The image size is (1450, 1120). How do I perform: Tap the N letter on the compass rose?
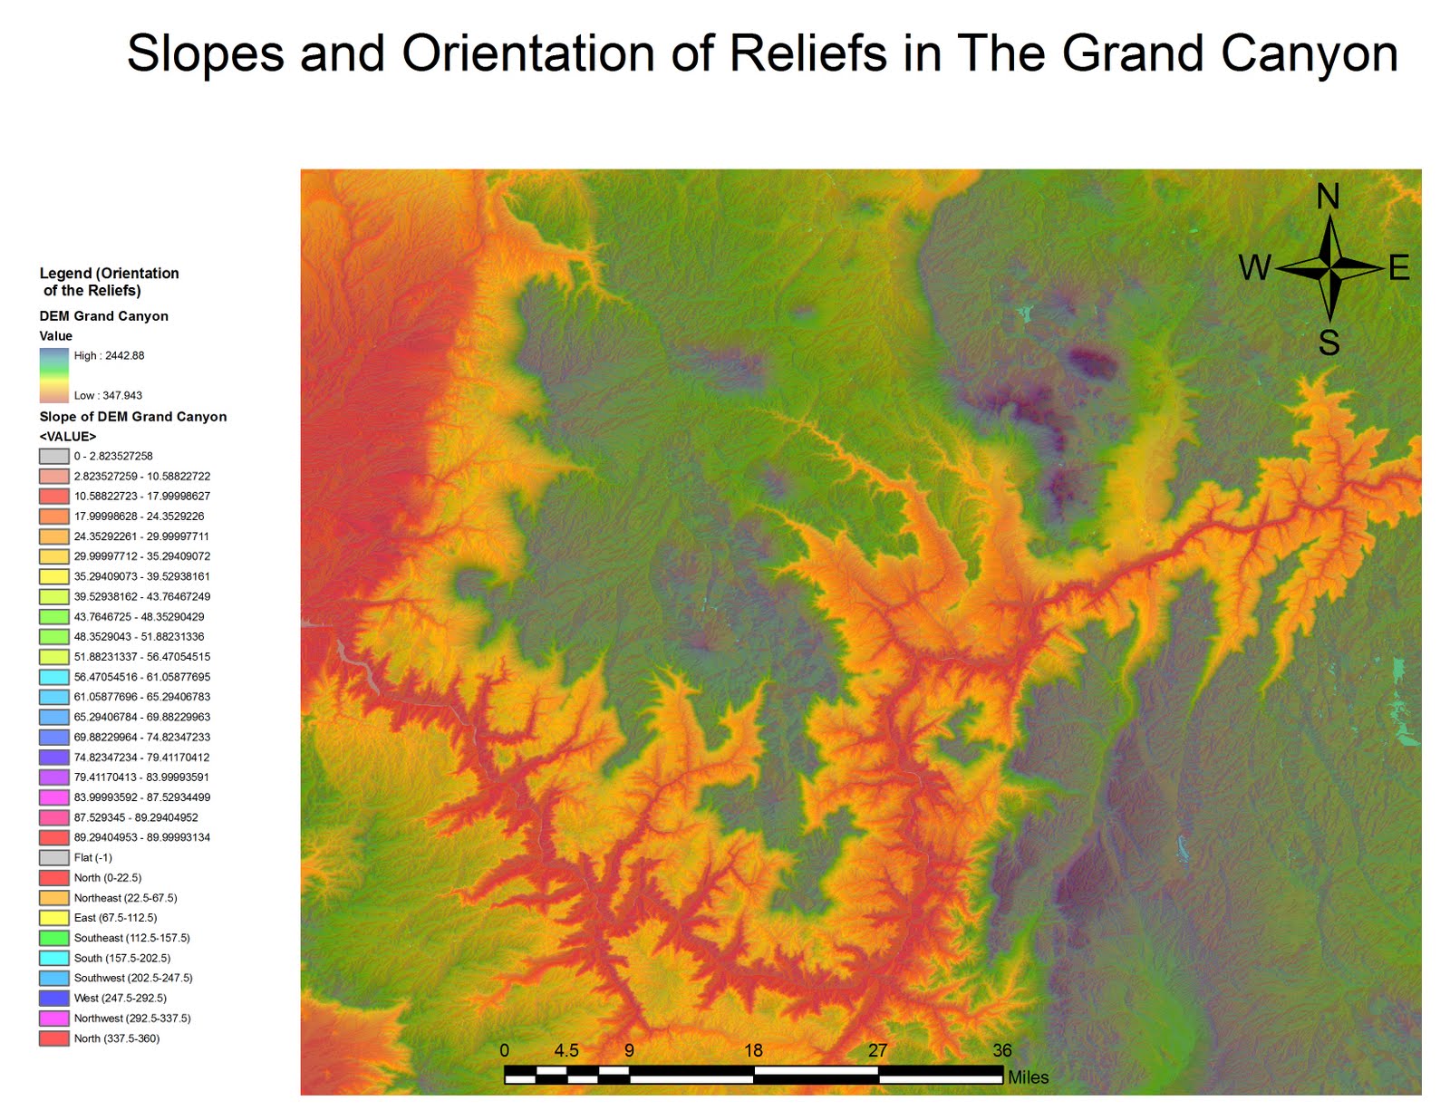click(x=1328, y=197)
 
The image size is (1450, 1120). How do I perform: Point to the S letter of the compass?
click(x=1329, y=343)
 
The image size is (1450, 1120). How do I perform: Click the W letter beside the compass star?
click(x=1255, y=268)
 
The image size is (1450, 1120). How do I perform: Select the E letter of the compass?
click(x=1398, y=268)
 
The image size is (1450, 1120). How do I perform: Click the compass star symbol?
click(x=1329, y=267)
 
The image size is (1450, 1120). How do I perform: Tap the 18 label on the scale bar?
click(x=753, y=1050)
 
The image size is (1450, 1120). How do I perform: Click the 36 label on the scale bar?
click(x=1001, y=1050)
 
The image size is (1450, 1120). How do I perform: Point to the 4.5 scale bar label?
click(x=566, y=1050)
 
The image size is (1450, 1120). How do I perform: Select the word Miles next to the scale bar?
click(x=1028, y=1077)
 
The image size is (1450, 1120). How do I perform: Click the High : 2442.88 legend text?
click(x=109, y=355)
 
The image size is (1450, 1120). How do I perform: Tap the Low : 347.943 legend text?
click(x=108, y=395)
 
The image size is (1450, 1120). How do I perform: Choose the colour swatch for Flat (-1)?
click(x=54, y=857)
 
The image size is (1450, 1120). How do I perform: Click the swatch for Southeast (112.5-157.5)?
click(x=54, y=938)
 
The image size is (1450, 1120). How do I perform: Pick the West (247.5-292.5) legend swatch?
click(x=54, y=998)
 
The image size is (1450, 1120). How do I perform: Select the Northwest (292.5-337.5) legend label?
click(x=132, y=1018)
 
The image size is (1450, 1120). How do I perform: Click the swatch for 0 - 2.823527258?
click(x=54, y=456)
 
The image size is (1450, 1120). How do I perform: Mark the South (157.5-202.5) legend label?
click(x=122, y=958)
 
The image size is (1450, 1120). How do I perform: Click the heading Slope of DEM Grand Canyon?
click(x=133, y=417)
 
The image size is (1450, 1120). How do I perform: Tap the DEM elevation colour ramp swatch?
click(x=54, y=375)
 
